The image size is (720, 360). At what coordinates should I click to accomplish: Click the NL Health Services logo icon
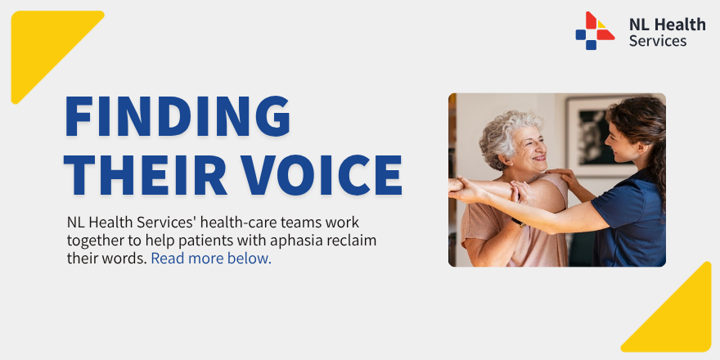coord(594,30)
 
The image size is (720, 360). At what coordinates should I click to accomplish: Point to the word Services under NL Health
coord(658,41)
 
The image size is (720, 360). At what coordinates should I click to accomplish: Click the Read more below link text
coord(210,259)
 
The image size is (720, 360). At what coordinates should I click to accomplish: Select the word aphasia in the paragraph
coord(298,241)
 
